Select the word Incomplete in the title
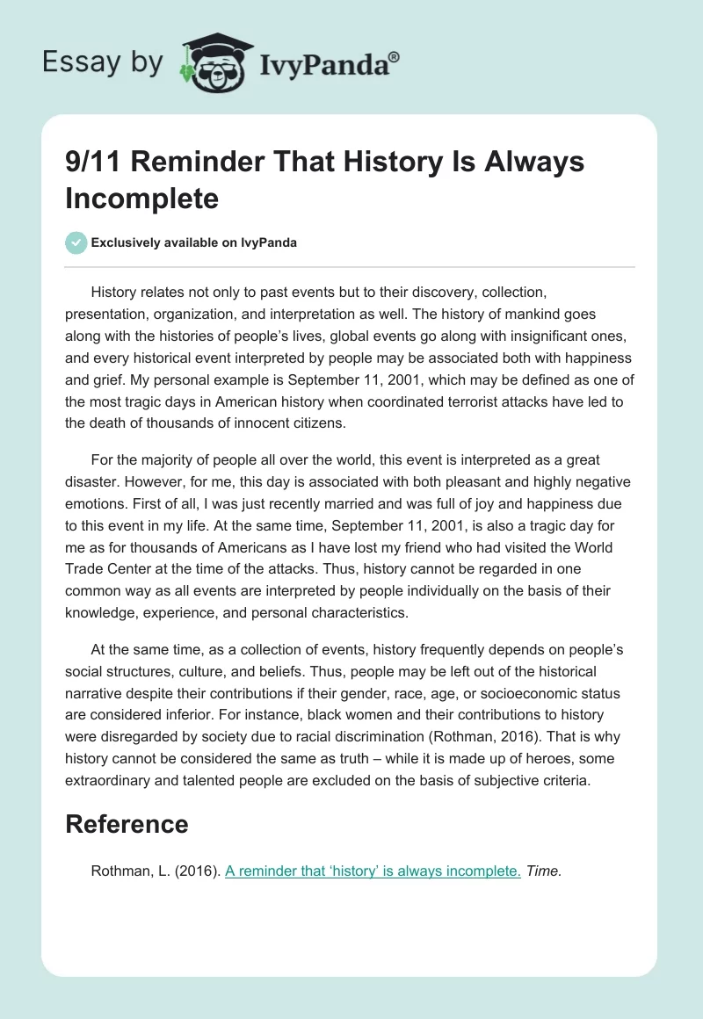pyautogui.click(x=141, y=198)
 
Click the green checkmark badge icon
pyautogui.click(x=76, y=242)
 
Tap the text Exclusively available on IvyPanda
pyautogui.click(x=193, y=243)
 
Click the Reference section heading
pyautogui.click(x=127, y=824)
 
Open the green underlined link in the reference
pyautogui.click(x=373, y=871)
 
